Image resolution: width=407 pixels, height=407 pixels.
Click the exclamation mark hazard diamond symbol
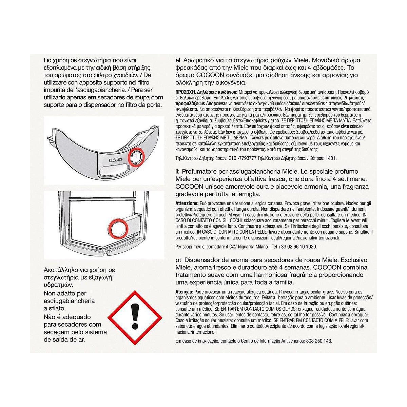coord(135,318)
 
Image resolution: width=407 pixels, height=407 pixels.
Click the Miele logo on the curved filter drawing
coord(116,160)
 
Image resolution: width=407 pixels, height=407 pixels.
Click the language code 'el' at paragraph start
coord(178,60)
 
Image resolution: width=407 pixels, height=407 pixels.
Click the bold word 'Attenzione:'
coord(187,203)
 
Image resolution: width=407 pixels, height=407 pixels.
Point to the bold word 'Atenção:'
coord(185,292)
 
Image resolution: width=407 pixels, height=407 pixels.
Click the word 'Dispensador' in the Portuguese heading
coord(200,260)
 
